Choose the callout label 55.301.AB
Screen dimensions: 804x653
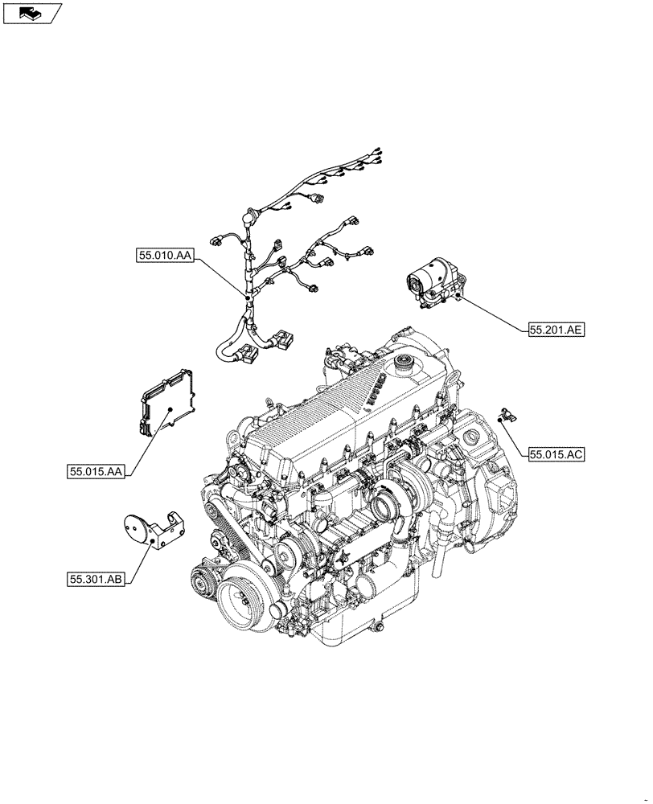(96, 578)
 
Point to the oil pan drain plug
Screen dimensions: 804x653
(376, 625)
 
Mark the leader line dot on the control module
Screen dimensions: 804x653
(170, 410)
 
